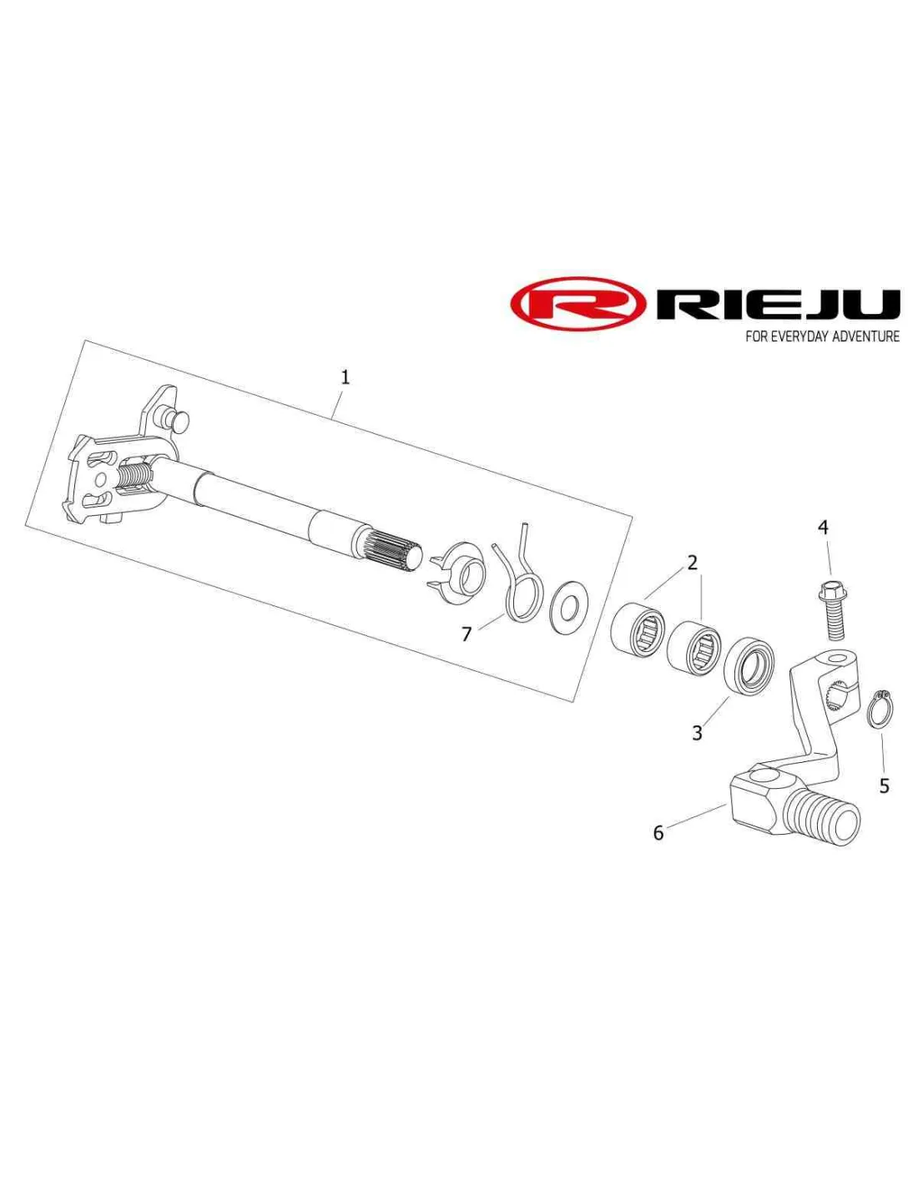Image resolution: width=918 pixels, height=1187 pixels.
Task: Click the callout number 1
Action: coord(345,377)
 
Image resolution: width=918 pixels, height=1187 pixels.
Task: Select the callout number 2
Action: coord(692,563)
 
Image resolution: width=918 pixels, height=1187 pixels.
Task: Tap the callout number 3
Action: coord(697,733)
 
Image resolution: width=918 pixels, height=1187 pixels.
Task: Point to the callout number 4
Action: coord(823,528)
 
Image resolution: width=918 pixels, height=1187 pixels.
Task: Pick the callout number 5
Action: coord(884,785)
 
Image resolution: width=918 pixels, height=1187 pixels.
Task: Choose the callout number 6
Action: coord(658,832)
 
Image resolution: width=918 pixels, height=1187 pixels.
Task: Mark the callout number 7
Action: coord(467,634)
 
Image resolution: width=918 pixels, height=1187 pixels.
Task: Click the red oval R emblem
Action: coord(578,305)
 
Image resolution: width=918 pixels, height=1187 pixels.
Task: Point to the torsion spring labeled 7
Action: coord(520,584)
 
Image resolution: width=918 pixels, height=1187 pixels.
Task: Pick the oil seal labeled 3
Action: coord(749,664)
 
